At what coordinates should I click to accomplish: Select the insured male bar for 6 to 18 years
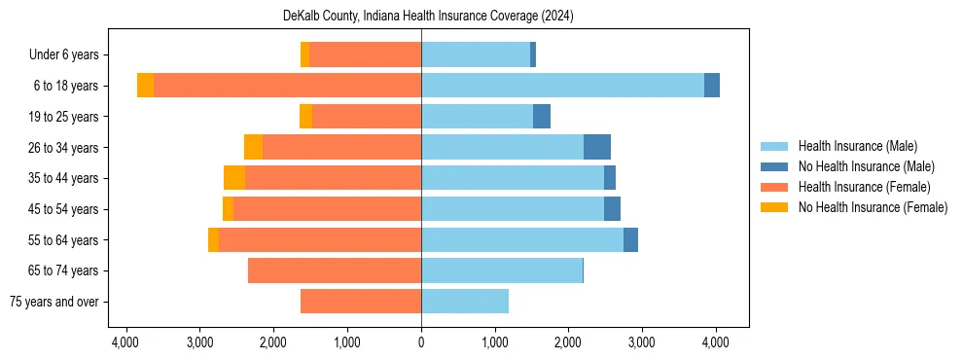pyautogui.click(x=562, y=86)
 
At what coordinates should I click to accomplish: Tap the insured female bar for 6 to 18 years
pyautogui.click(x=287, y=86)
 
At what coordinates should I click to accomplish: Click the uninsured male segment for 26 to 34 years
pyautogui.click(x=597, y=147)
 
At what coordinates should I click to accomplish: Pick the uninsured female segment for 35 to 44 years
pyautogui.click(x=234, y=178)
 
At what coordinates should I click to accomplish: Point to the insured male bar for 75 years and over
pyautogui.click(x=465, y=302)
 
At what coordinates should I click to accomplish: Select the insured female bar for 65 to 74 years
pyautogui.click(x=335, y=270)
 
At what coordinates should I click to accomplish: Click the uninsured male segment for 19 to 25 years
pyautogui.click(x=542, y=117)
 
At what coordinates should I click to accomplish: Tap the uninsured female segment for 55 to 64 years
pyautogui.click(x=213, y=240)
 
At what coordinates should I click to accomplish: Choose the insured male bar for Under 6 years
pyautogui.click(x=476, y=54)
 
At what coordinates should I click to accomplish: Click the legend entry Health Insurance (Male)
pyautogui.click(x=857, y=146)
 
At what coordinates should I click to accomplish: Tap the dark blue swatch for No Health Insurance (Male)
pyautogui.click(x=774, y=166)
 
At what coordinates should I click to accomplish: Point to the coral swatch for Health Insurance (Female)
pyautogui.click(x=774, y=187)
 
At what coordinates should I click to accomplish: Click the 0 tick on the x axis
pyautogui.click(x=421, y=342)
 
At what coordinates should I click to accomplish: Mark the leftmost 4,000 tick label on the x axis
pyautogui.click(x=125, y=342)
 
